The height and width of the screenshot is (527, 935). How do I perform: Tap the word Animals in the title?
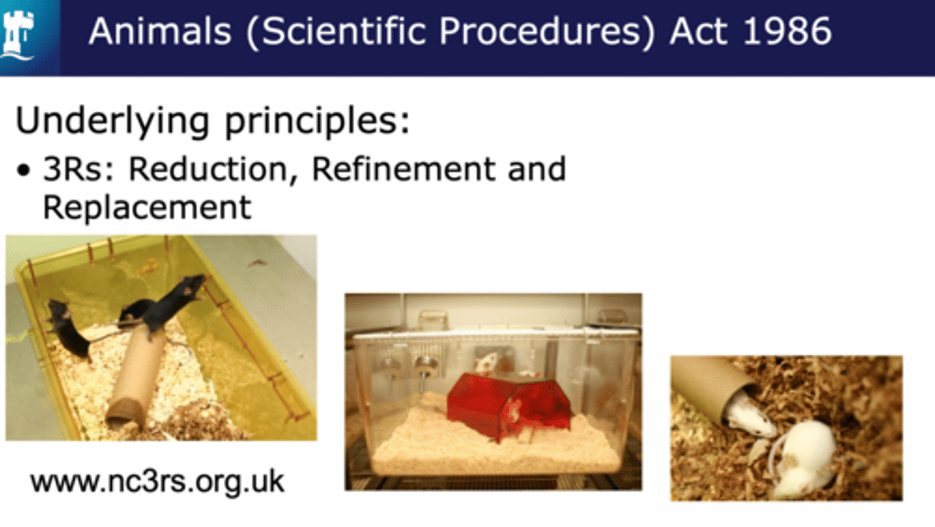[160, 31]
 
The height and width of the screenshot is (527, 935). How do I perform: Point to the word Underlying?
[112, 121]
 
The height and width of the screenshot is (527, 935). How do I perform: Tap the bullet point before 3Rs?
[23, 170]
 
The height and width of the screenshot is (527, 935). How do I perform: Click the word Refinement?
[404, 169]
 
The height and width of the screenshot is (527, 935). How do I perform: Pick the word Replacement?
[147, 208]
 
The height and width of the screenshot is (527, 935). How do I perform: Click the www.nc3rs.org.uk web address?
[157, 482]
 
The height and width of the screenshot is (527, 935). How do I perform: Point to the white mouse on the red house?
[486, 362]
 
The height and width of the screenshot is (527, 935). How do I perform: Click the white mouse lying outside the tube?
[804, 459]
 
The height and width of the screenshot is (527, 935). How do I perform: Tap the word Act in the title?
[699, 31]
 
